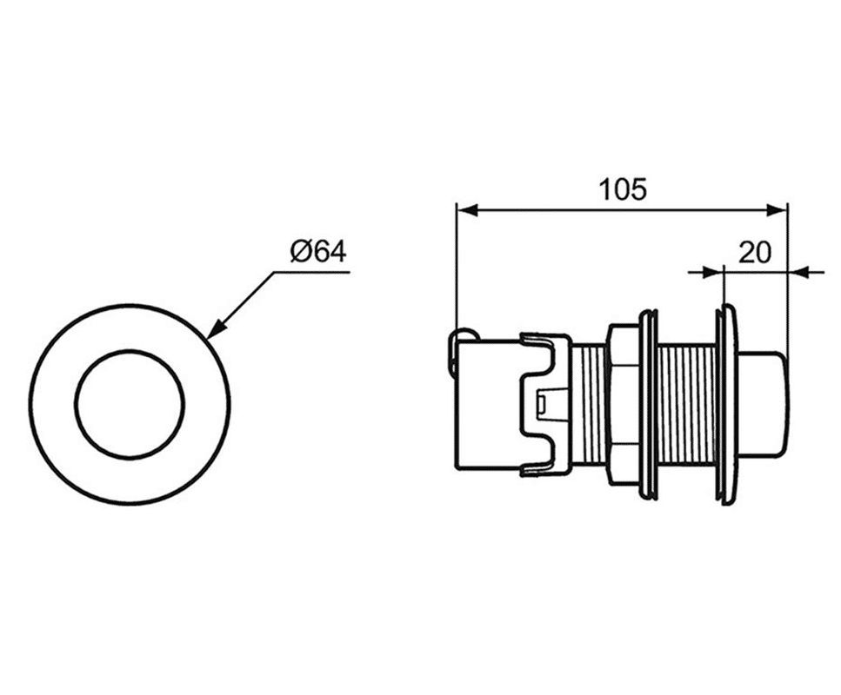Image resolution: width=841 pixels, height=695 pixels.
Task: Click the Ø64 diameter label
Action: tap(318, 251)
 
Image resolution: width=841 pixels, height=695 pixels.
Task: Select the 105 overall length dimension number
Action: tap(623, 189)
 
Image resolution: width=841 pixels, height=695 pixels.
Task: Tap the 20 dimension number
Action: tap(754, 252)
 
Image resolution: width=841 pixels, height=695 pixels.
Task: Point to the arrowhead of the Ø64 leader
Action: tap(213, 330)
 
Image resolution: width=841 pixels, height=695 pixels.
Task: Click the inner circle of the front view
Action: tap(130, 350)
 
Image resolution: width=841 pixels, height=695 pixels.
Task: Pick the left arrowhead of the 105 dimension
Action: tap(465, 210)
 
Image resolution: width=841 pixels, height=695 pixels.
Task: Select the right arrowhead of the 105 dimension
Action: tap(778, 210)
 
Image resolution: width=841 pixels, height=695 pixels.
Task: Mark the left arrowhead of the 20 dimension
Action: tap(714, 273)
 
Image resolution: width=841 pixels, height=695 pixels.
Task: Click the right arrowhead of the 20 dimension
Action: tap(798, 273)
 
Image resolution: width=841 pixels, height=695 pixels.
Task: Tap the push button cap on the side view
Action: tap(762, 406)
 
